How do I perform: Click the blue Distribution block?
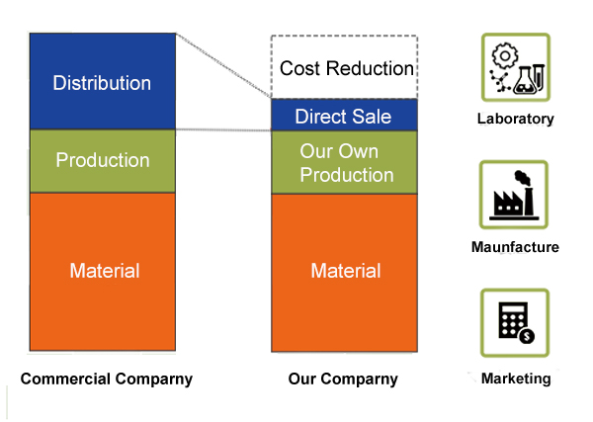click(x=103, y=81)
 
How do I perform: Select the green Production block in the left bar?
click(x=103, y=161)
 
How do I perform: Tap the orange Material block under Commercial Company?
click(x=103, y=272)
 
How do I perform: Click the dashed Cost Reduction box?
click(x=344, y=67)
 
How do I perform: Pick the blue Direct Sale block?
click(x=344, y=115)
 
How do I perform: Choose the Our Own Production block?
click(x=344, y=163)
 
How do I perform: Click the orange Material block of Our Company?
click(x=344, y=273)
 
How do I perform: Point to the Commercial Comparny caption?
click(x=107, y=379)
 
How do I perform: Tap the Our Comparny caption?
click(x=343, y=379)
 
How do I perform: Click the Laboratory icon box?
click(x=516, y=67)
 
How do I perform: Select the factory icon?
click(x=514, y=195)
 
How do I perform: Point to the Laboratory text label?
click(x=516, y=119)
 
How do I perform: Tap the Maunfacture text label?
click(x=515, y=247)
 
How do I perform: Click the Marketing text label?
click(x=516, y=379)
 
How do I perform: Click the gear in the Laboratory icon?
click(x=504, y=56)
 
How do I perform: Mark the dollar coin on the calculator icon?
click(x=527, y=336)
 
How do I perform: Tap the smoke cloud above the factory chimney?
click(x=522, y=177)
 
